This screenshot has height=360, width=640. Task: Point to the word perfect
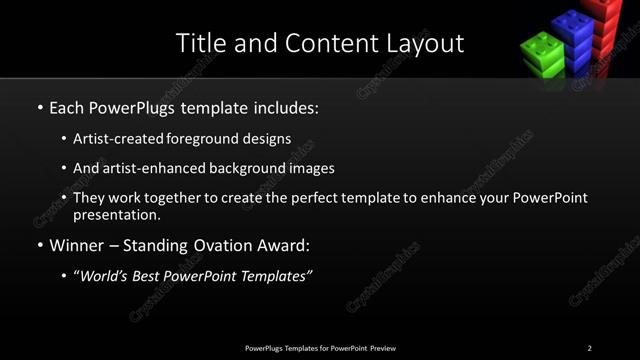(316, 198)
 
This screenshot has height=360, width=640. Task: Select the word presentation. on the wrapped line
(117, 214)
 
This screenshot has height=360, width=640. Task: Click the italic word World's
(107, 276)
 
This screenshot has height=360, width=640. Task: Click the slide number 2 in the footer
(589, 347)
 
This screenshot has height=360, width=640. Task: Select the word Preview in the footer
(383, 347)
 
